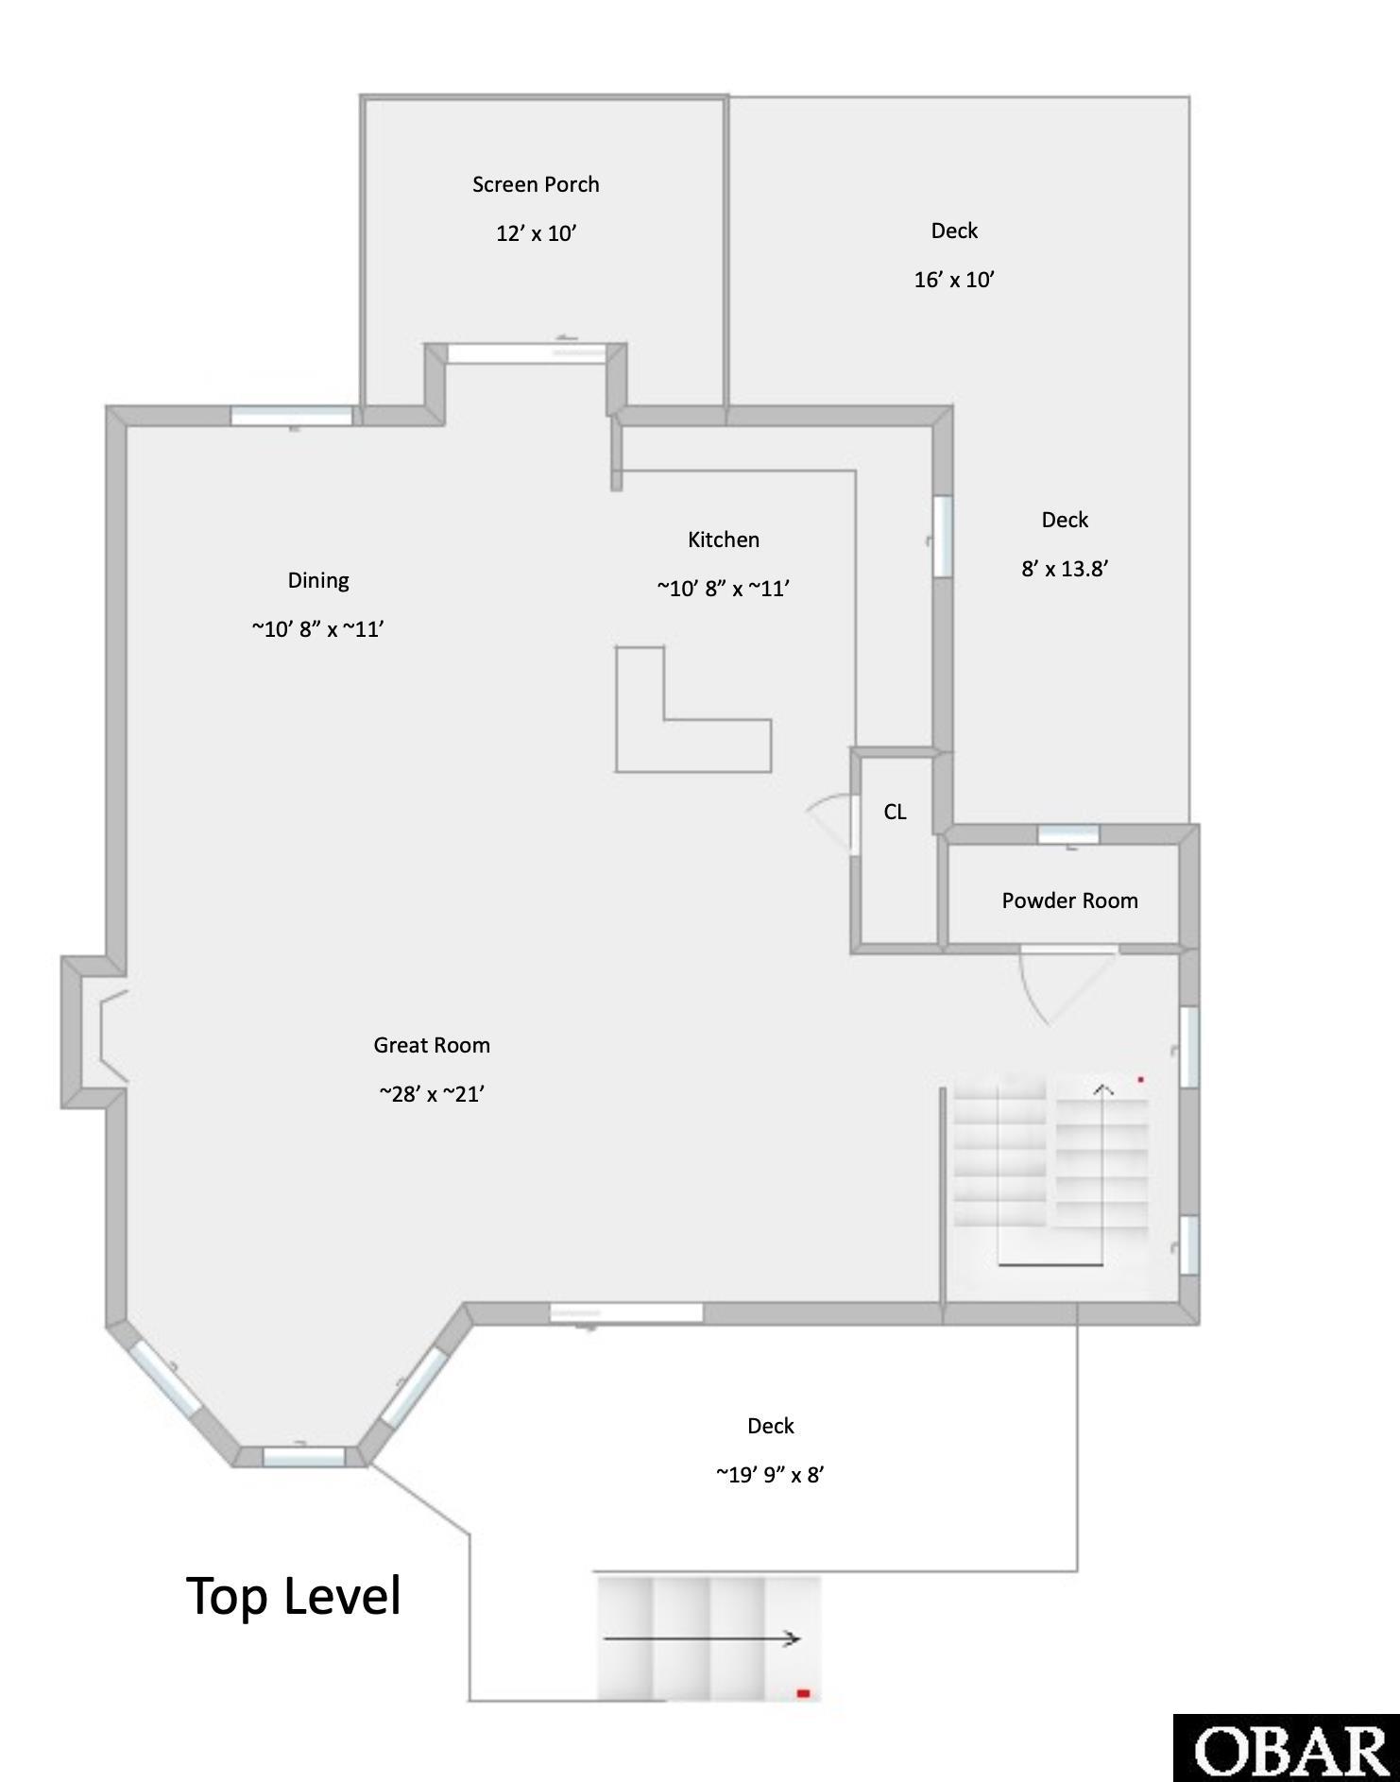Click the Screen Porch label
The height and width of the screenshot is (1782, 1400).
point(536,184)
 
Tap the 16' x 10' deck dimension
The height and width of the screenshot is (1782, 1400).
point(954,280)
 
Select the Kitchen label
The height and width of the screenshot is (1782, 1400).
point(724,540)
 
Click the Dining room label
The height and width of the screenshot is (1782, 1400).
point(318,580)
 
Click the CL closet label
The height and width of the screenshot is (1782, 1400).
point(895,812)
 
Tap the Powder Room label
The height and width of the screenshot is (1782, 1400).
point(1069,900)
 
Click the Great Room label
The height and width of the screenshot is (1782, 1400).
point(432,1045)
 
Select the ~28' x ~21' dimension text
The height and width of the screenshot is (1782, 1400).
point(432,1094)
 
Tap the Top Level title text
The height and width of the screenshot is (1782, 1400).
point(294,1596)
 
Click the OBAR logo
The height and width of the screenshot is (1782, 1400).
point(1287,1748)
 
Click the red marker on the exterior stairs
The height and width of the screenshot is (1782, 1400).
point(803,1694)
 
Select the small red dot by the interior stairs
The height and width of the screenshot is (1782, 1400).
point(1141,1079)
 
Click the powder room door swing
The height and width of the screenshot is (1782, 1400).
point(1063,987)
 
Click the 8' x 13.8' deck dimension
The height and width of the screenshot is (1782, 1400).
point(1065,569)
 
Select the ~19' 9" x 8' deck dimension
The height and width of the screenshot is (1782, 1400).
point(770,1475)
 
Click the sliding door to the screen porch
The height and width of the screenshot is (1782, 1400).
point(525,352)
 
